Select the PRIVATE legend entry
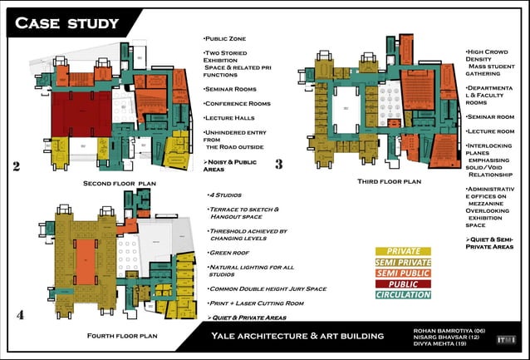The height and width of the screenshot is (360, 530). [403, 251]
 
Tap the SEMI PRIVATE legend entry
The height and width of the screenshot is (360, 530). [403, 262]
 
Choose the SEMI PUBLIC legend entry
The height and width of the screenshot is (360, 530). [403, 273]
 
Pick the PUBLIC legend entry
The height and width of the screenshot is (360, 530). [403, 284]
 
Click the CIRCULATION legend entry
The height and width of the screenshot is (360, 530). [403, 294]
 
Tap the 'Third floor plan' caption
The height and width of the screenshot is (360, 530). [389, 180]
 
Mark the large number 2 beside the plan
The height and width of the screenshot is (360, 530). [16, 167]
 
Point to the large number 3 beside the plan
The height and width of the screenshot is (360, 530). [278, 165]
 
